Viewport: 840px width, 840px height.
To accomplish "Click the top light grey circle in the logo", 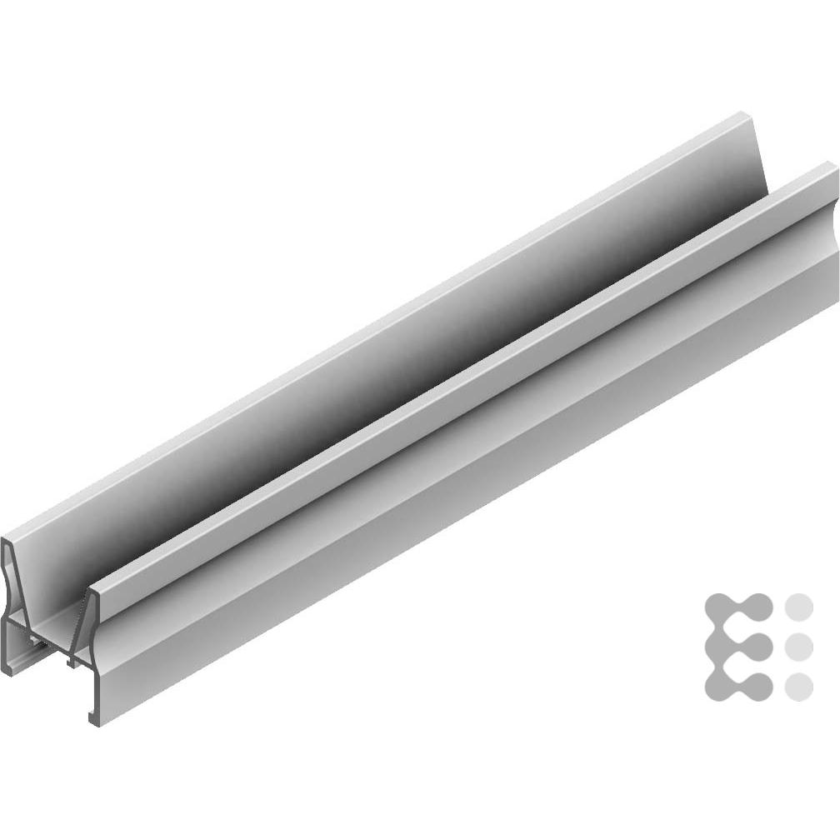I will point(799,606).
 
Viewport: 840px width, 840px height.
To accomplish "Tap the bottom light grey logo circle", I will point(799,686).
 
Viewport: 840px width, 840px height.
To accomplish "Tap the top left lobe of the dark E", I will point(719,606).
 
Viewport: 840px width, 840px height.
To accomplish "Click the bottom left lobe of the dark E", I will point(719,686).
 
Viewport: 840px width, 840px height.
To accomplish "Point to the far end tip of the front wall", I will point(834,167).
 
